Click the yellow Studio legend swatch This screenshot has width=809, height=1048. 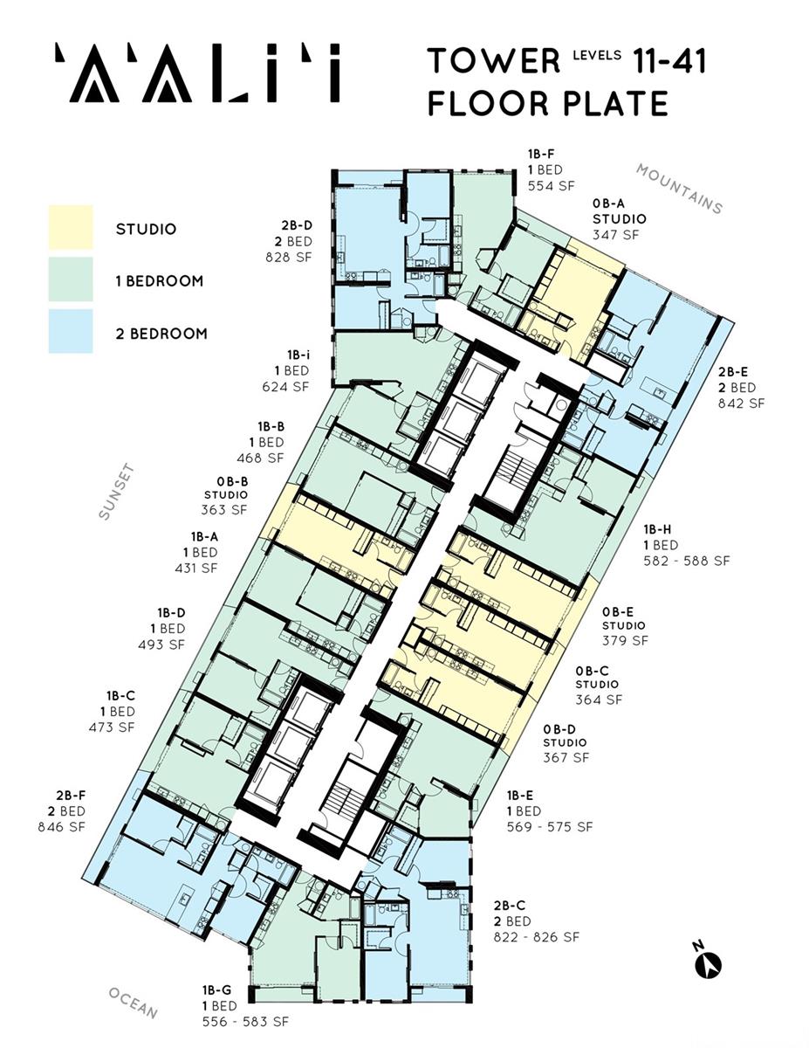71,227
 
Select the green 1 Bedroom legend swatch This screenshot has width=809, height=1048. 71,279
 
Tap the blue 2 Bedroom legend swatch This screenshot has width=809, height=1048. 71,331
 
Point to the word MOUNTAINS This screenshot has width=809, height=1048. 680,189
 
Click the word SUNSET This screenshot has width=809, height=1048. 116,492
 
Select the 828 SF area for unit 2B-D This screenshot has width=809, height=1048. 289,257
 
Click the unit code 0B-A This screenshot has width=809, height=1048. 608,203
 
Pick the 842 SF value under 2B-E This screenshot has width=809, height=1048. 742,403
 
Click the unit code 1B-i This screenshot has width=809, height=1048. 298,355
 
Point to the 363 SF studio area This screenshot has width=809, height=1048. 224,510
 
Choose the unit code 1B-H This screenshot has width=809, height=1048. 657,529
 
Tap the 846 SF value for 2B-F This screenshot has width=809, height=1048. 62,826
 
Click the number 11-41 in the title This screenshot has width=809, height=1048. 669,61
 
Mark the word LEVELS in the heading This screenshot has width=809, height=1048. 597,55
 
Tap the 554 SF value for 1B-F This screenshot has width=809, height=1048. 552,185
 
